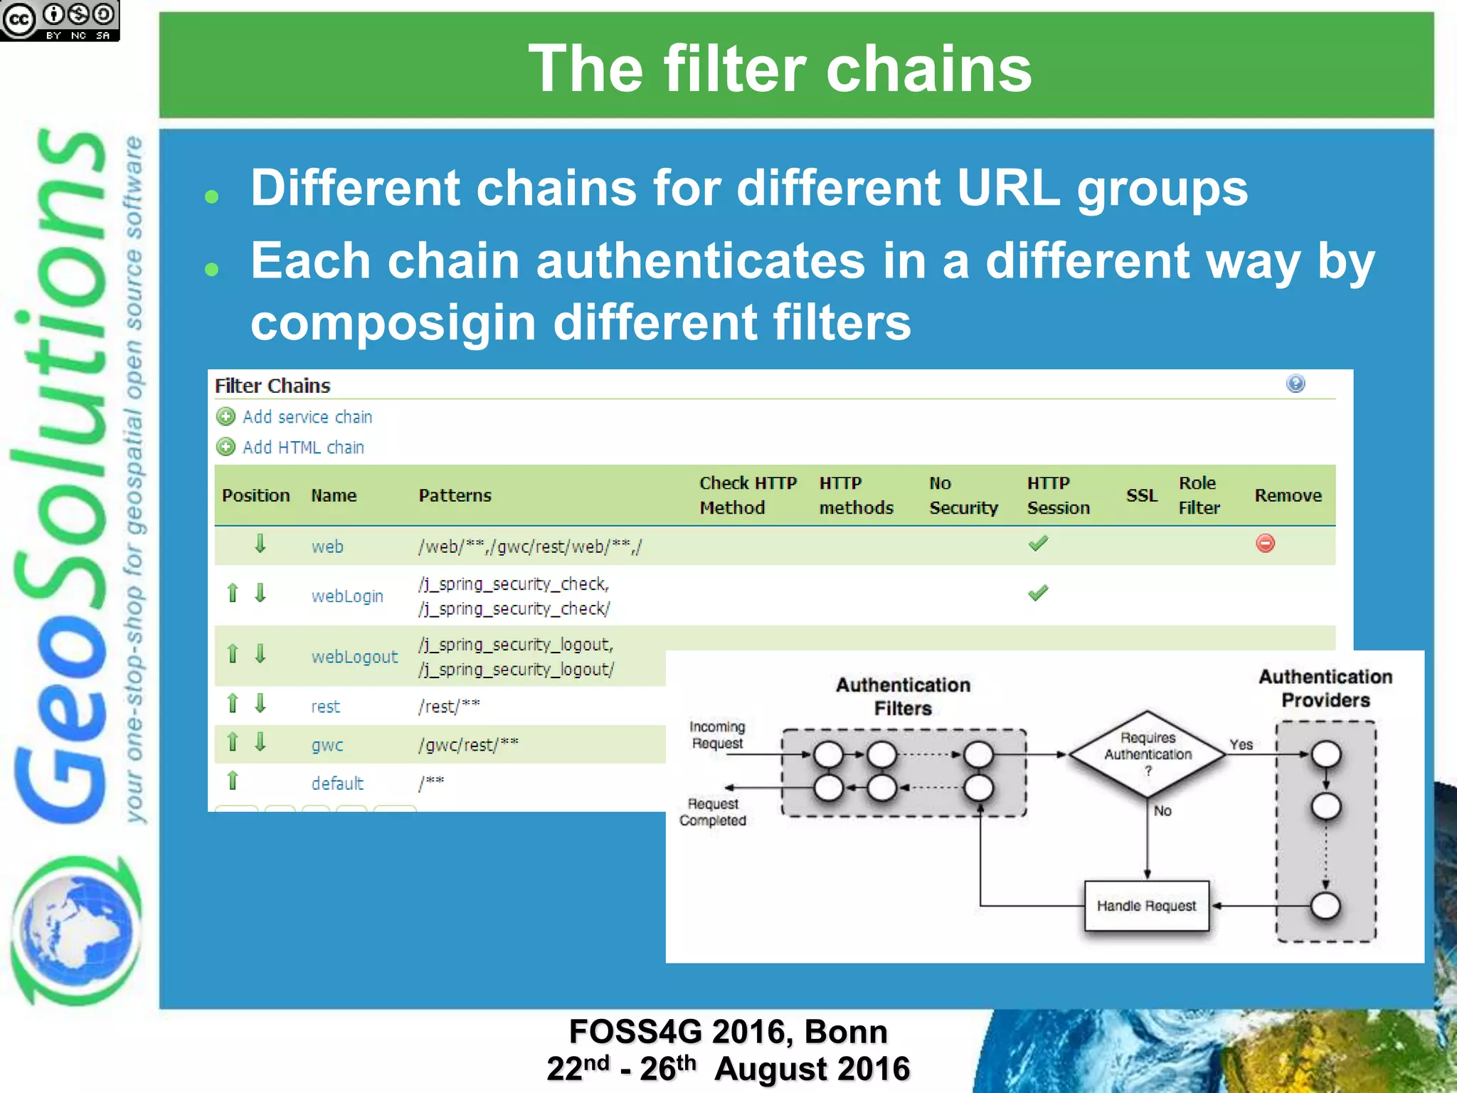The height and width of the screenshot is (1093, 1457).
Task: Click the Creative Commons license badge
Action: (60, 20)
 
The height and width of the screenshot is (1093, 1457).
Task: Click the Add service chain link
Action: (307, 417)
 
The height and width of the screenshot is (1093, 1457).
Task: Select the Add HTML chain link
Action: (302, 448)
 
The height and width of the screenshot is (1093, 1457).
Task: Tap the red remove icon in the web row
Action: (1265, 544)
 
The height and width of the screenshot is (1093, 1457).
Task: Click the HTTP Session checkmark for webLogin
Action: (1038, 593)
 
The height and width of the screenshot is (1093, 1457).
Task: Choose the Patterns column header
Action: (455, 496)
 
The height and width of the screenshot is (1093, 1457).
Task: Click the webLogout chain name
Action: (354, 657)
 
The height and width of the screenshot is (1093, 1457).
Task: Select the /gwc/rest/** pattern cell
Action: (468, 745)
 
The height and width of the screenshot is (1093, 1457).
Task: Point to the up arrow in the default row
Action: (233, 781)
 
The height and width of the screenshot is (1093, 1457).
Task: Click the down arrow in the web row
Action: (260, 544)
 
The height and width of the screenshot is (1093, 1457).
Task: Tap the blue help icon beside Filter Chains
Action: (1296, 384)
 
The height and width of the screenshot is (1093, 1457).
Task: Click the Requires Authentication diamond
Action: (1147, 754)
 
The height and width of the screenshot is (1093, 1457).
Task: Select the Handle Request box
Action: (1146, 906)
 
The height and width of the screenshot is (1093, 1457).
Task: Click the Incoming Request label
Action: (717, 735)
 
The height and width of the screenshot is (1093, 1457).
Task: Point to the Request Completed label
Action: (713, 812)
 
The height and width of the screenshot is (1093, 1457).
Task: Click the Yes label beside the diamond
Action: (1241, 744)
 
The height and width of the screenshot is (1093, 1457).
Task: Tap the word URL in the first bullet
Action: (1008, 189)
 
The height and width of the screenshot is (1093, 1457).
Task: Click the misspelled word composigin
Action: (393, 322)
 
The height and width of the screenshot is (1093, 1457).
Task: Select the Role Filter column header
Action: (1199, 496)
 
